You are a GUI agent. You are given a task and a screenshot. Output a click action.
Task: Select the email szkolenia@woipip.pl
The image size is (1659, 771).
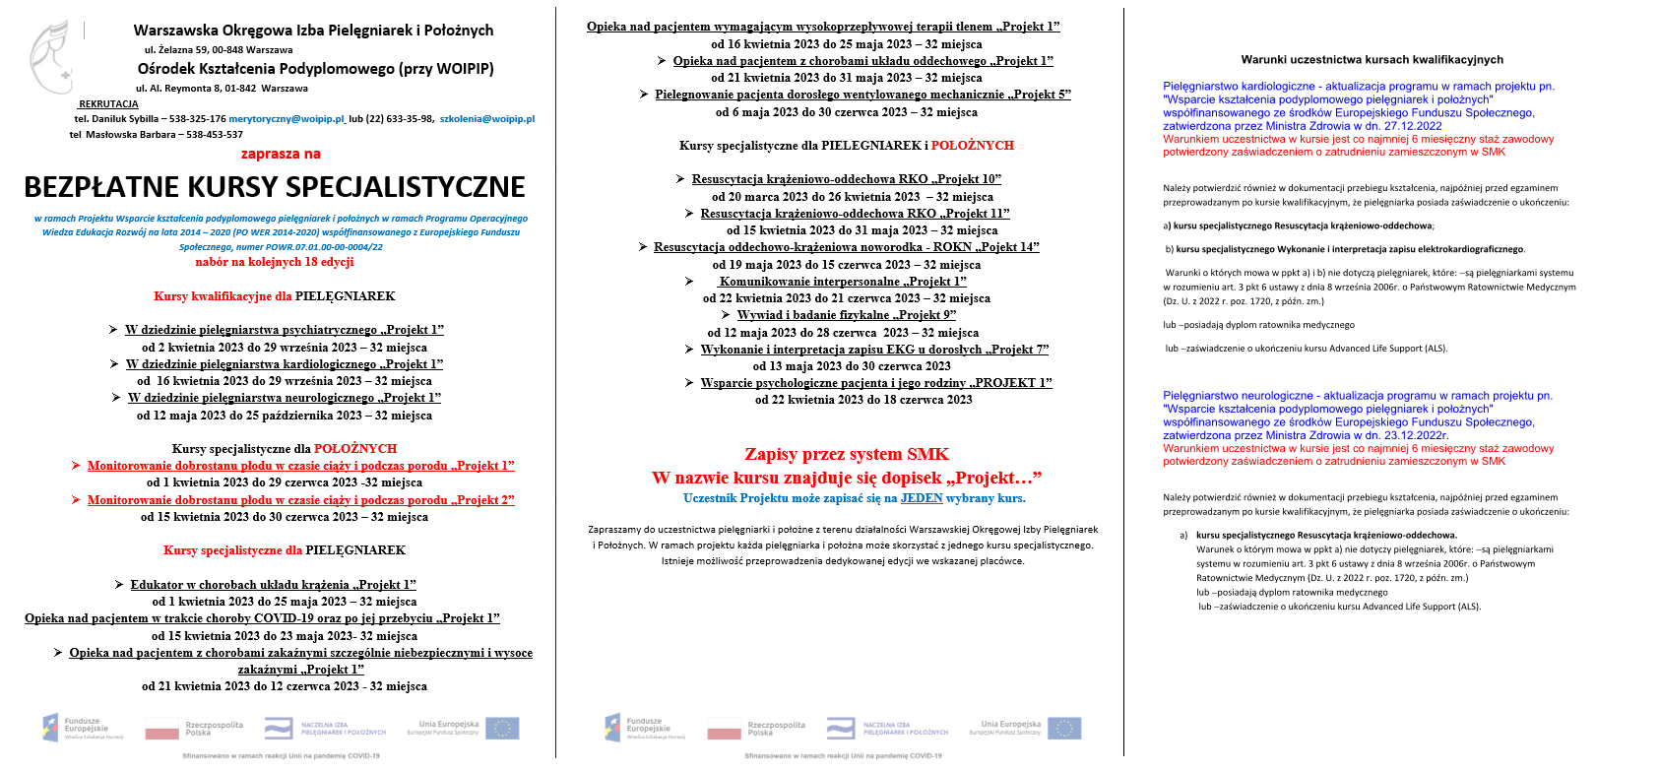click(x=486, y=119)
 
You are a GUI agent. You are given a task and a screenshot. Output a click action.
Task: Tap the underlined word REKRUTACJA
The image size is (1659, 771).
click(x=108, y=103)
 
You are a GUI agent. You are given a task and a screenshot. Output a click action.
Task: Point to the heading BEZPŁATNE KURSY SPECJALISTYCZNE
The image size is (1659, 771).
click(x=275, y=187)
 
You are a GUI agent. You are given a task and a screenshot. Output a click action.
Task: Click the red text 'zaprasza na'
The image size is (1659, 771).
click(x=281, y=154)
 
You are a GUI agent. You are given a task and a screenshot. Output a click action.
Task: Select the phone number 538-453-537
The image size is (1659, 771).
click(x=215, y=135)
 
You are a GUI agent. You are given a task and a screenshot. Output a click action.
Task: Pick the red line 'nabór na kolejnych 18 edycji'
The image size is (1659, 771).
click(x=275, y=262)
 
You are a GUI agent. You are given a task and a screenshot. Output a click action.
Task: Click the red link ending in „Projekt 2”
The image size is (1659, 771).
click(x=300, y=500)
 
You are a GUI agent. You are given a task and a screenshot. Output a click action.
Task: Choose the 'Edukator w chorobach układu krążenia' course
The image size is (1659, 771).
click(x=273, y=585)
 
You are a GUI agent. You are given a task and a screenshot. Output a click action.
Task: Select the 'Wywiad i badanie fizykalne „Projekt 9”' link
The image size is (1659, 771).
click(x=847, y=315)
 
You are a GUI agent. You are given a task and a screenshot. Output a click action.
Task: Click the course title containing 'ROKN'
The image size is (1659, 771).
click(x=846, y=247)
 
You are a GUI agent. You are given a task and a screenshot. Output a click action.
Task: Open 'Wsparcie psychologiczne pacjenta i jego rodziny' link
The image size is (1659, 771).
click(x=876, y=383)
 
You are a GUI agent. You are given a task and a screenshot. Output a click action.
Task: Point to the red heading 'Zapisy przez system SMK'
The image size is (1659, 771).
click(x=847, y=454)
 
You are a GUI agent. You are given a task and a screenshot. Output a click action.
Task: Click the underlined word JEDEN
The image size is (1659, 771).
click(x=922, y=498)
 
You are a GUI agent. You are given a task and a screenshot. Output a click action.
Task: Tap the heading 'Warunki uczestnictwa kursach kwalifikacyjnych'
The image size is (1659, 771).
click(x=1372, y=60)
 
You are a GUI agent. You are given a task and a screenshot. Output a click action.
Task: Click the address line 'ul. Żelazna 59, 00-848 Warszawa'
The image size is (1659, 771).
click(x=219, y=50)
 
